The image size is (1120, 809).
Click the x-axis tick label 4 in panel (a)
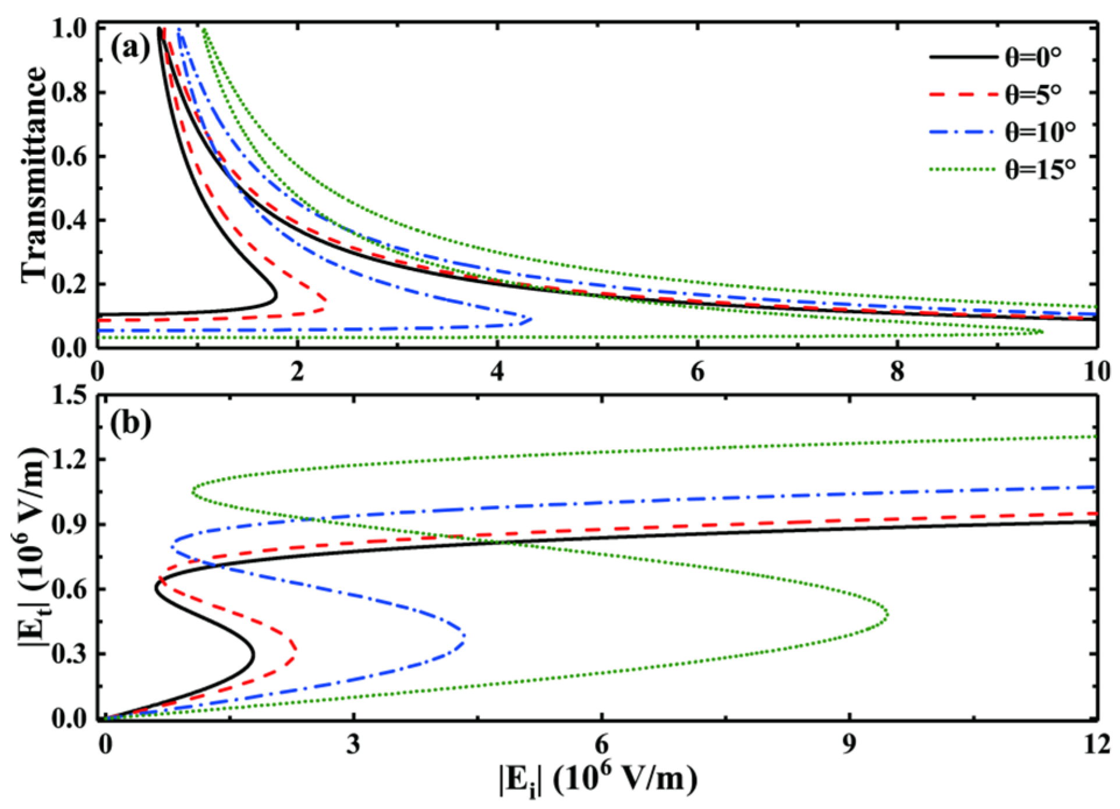497,372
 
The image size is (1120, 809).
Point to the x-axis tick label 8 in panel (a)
897,372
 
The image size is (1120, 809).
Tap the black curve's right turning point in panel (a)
276,297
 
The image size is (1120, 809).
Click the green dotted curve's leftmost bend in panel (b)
193,492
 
